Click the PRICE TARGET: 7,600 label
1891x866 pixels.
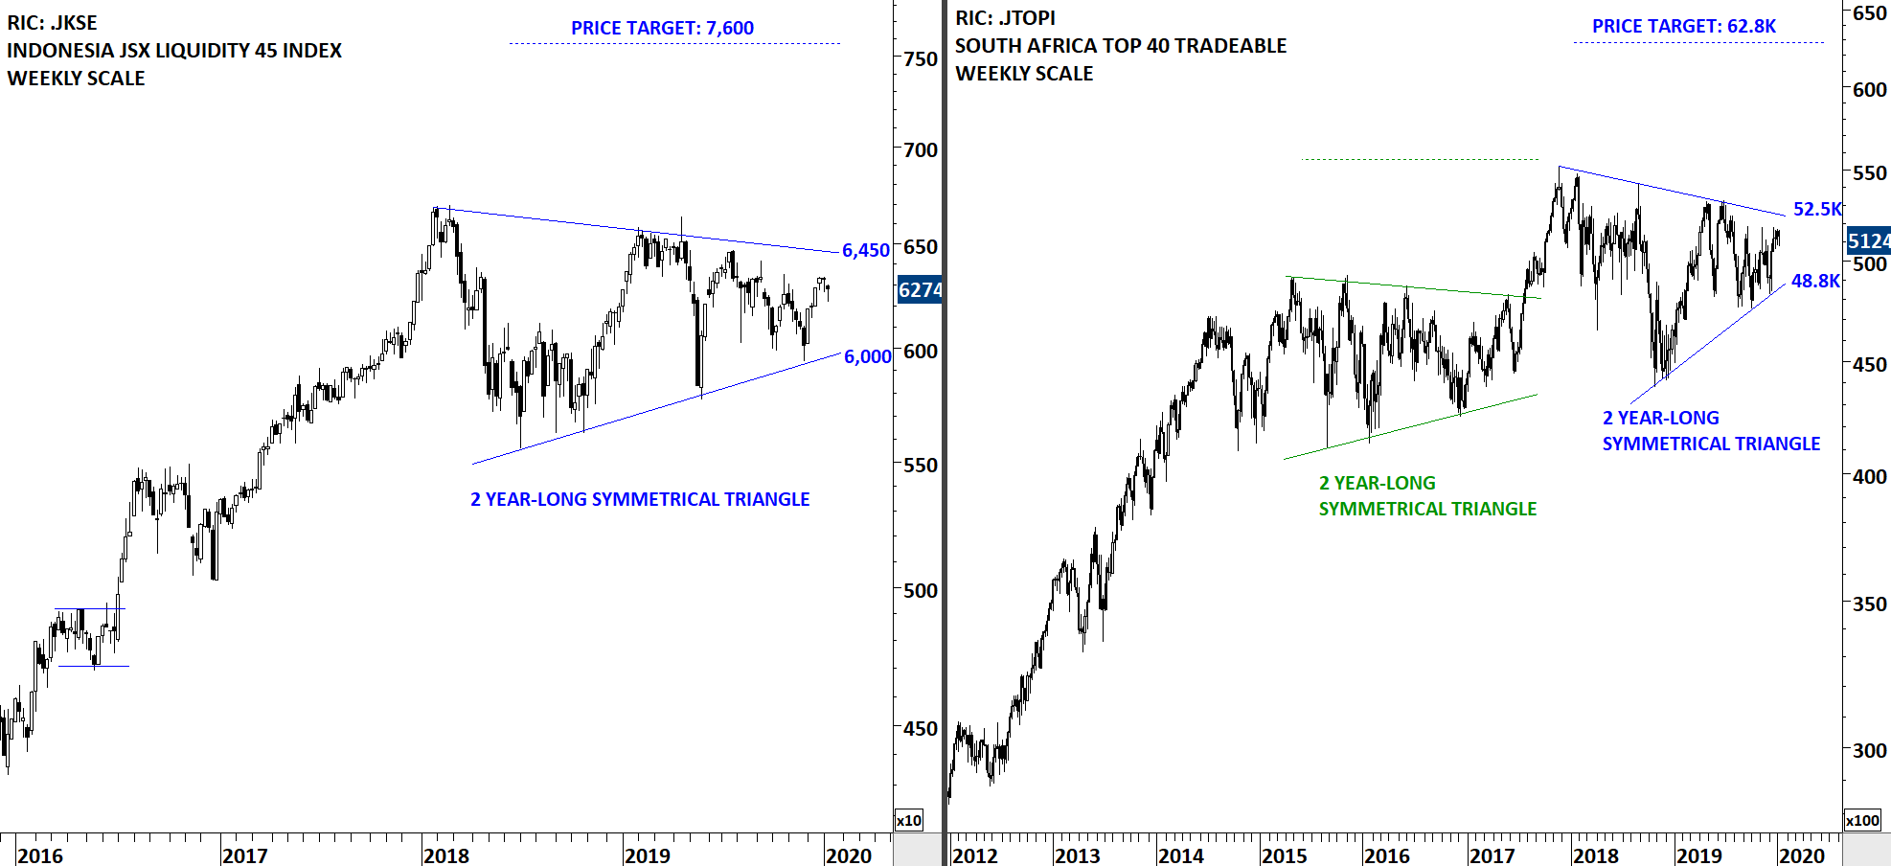click(x=662, y=28)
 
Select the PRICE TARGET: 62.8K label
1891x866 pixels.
click(x=1683, y=26)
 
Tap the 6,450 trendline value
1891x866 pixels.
click(x=866, y=250)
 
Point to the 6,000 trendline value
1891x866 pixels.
click(x=867, y=356)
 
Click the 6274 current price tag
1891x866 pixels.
click(x=920, y=289)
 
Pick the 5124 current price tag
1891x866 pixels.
click(x=1868, y=240)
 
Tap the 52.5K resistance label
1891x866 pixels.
click(x=1816, y=209)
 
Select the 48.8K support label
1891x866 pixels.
click(x=1815, y=281)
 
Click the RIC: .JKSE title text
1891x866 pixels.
click(x=52, y=23)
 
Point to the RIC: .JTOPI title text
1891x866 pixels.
click(x=1005, y=18)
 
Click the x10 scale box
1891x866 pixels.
click(x=908, y=820)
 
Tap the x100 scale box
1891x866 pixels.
click(x=1862, y=820)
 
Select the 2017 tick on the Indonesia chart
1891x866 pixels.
click(x=244, y=855)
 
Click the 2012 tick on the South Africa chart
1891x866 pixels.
click(x=975, y=855)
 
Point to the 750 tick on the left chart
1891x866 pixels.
click(x=921, y=58)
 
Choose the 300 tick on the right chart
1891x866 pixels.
click(x=1869, y=750)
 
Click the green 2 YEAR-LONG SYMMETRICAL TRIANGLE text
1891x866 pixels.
click(x=1426, y=496)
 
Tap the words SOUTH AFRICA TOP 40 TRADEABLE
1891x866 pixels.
click(x=1121, y=46)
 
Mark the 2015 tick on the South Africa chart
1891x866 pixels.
click(x=1285, y=855)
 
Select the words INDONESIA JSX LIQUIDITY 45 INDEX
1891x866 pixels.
click(x=174, y=51)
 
